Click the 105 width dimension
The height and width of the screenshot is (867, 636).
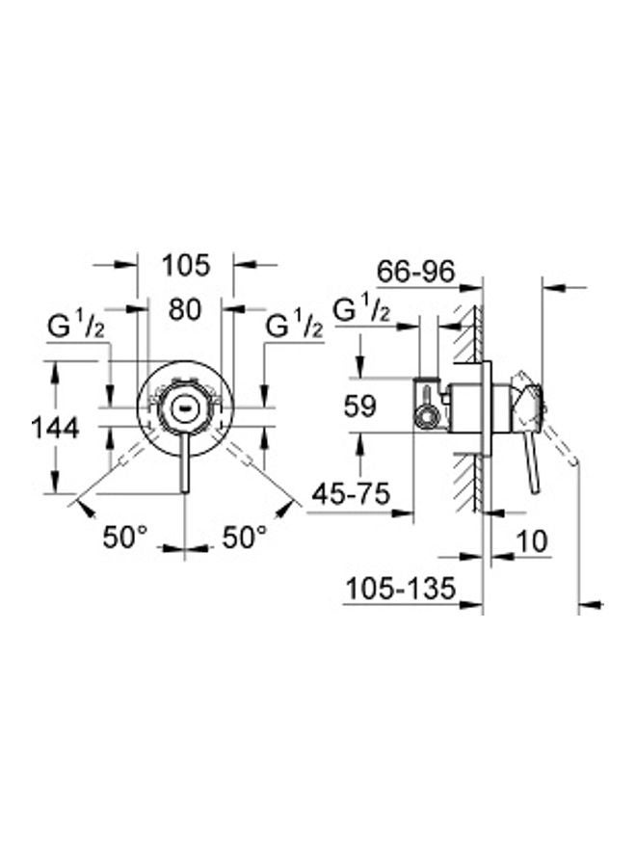186,264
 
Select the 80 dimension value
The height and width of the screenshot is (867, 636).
186,310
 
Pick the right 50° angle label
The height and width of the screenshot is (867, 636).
244,538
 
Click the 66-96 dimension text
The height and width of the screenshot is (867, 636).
415,272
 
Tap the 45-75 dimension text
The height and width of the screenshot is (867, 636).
351,495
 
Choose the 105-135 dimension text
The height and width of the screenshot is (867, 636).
399,589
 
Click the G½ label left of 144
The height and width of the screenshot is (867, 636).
77,328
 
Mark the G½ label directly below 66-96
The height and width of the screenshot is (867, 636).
360,310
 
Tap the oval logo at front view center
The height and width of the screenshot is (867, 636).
184,407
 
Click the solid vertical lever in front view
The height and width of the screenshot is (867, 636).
184,462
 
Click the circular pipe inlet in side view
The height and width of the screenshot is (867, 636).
424,416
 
